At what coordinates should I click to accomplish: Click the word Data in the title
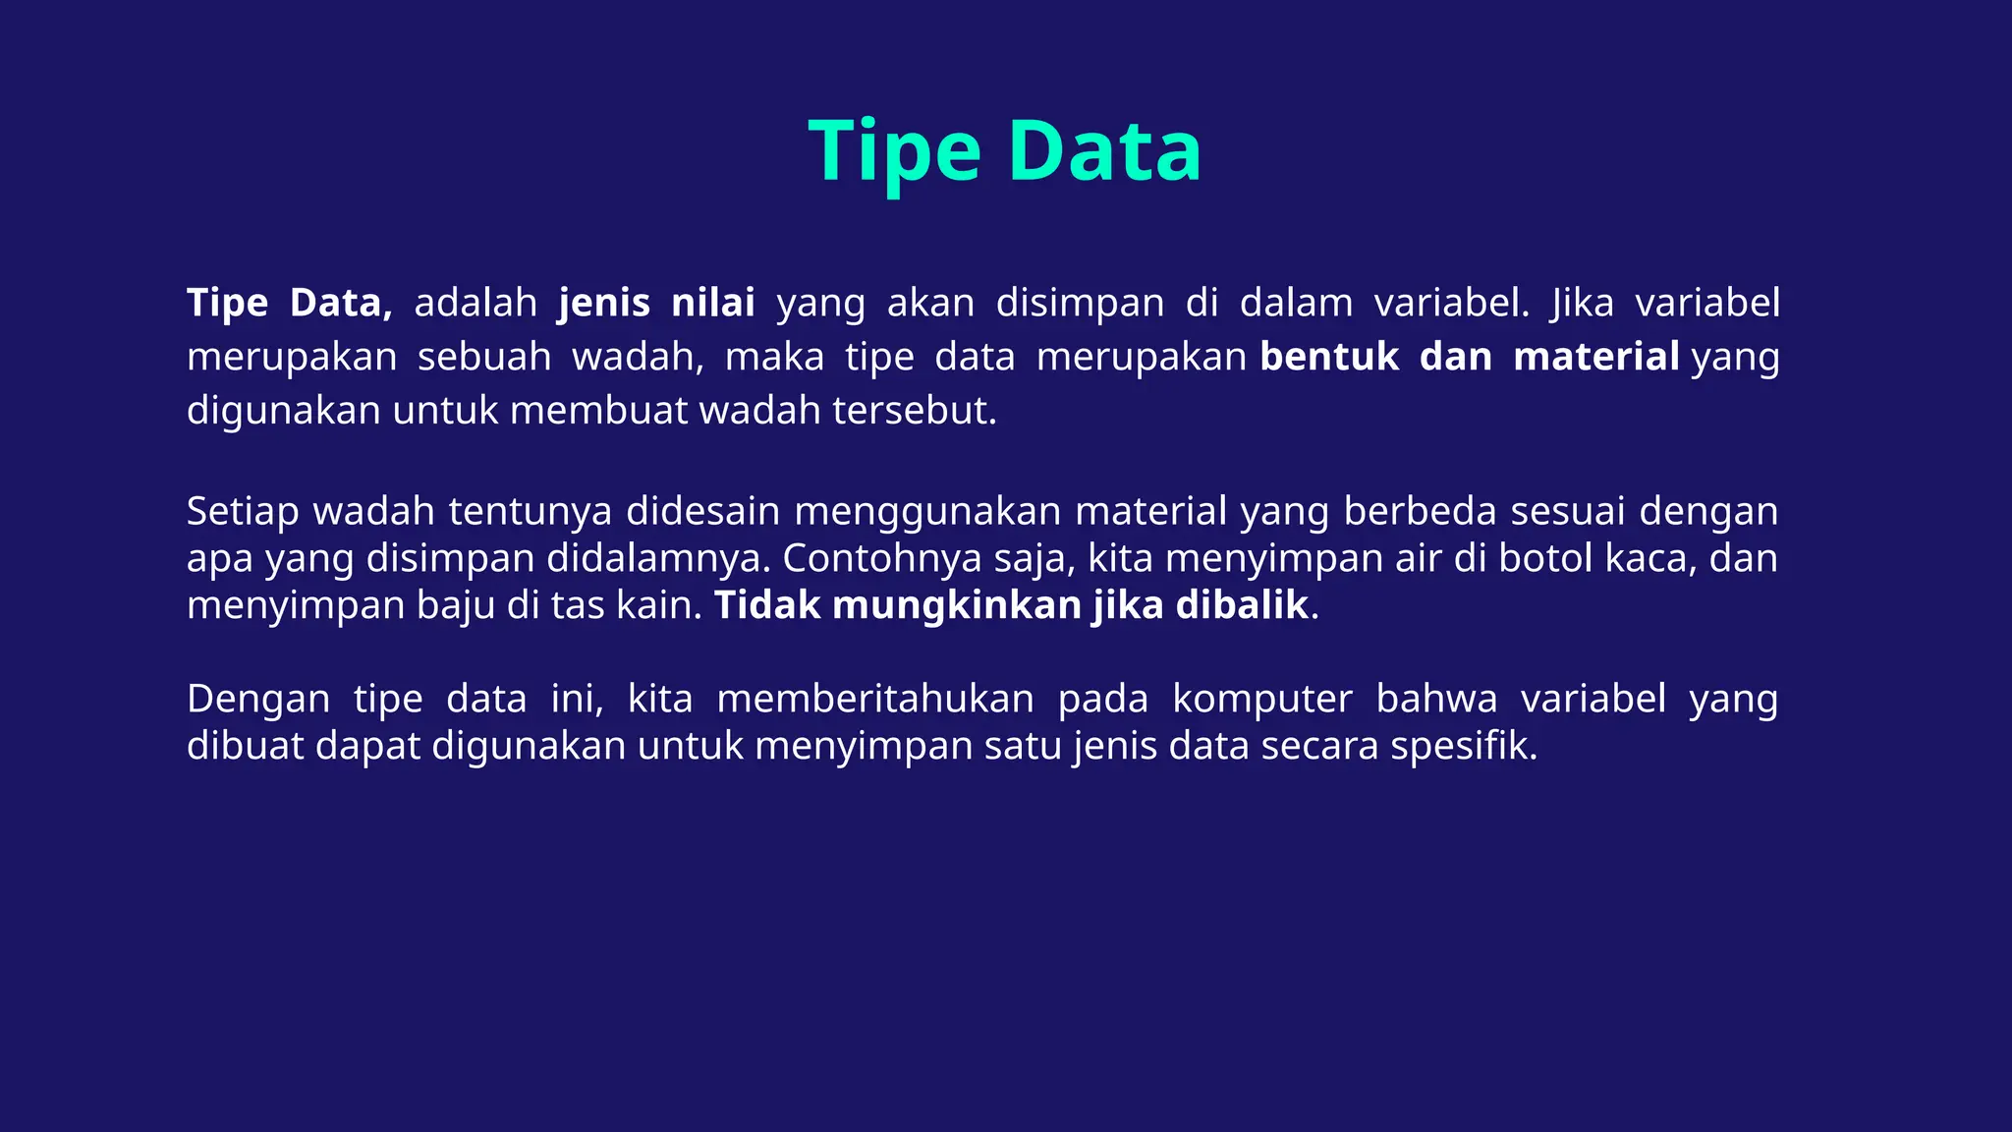click(1104, 152)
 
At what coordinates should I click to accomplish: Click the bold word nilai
click(712, 303)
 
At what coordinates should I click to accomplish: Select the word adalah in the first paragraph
click(475, 303)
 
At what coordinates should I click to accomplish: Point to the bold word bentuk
click(1329, 356)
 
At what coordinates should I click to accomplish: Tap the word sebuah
click(484, 356)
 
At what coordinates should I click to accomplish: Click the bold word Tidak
click(766, 605)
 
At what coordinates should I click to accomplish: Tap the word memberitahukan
click(875, 699)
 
